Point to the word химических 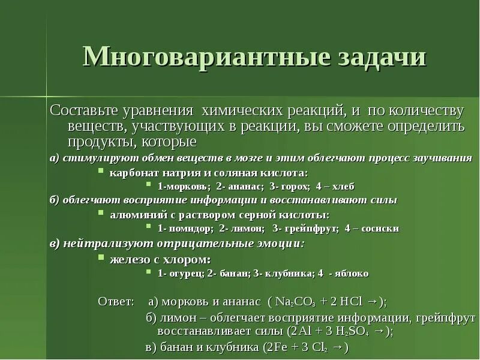(x=239, y=112)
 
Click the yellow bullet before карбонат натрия (x=101, y=172)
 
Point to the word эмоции (x=281, y=244)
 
